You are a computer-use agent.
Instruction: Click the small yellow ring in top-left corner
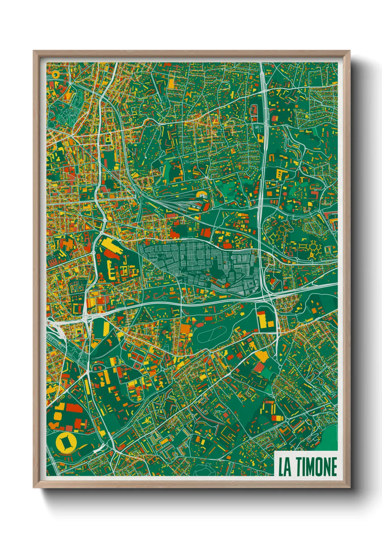pyautogui.click(x=55, y=75)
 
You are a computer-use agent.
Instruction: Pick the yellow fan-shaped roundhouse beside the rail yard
pyautogui.click(x=201, y=196)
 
